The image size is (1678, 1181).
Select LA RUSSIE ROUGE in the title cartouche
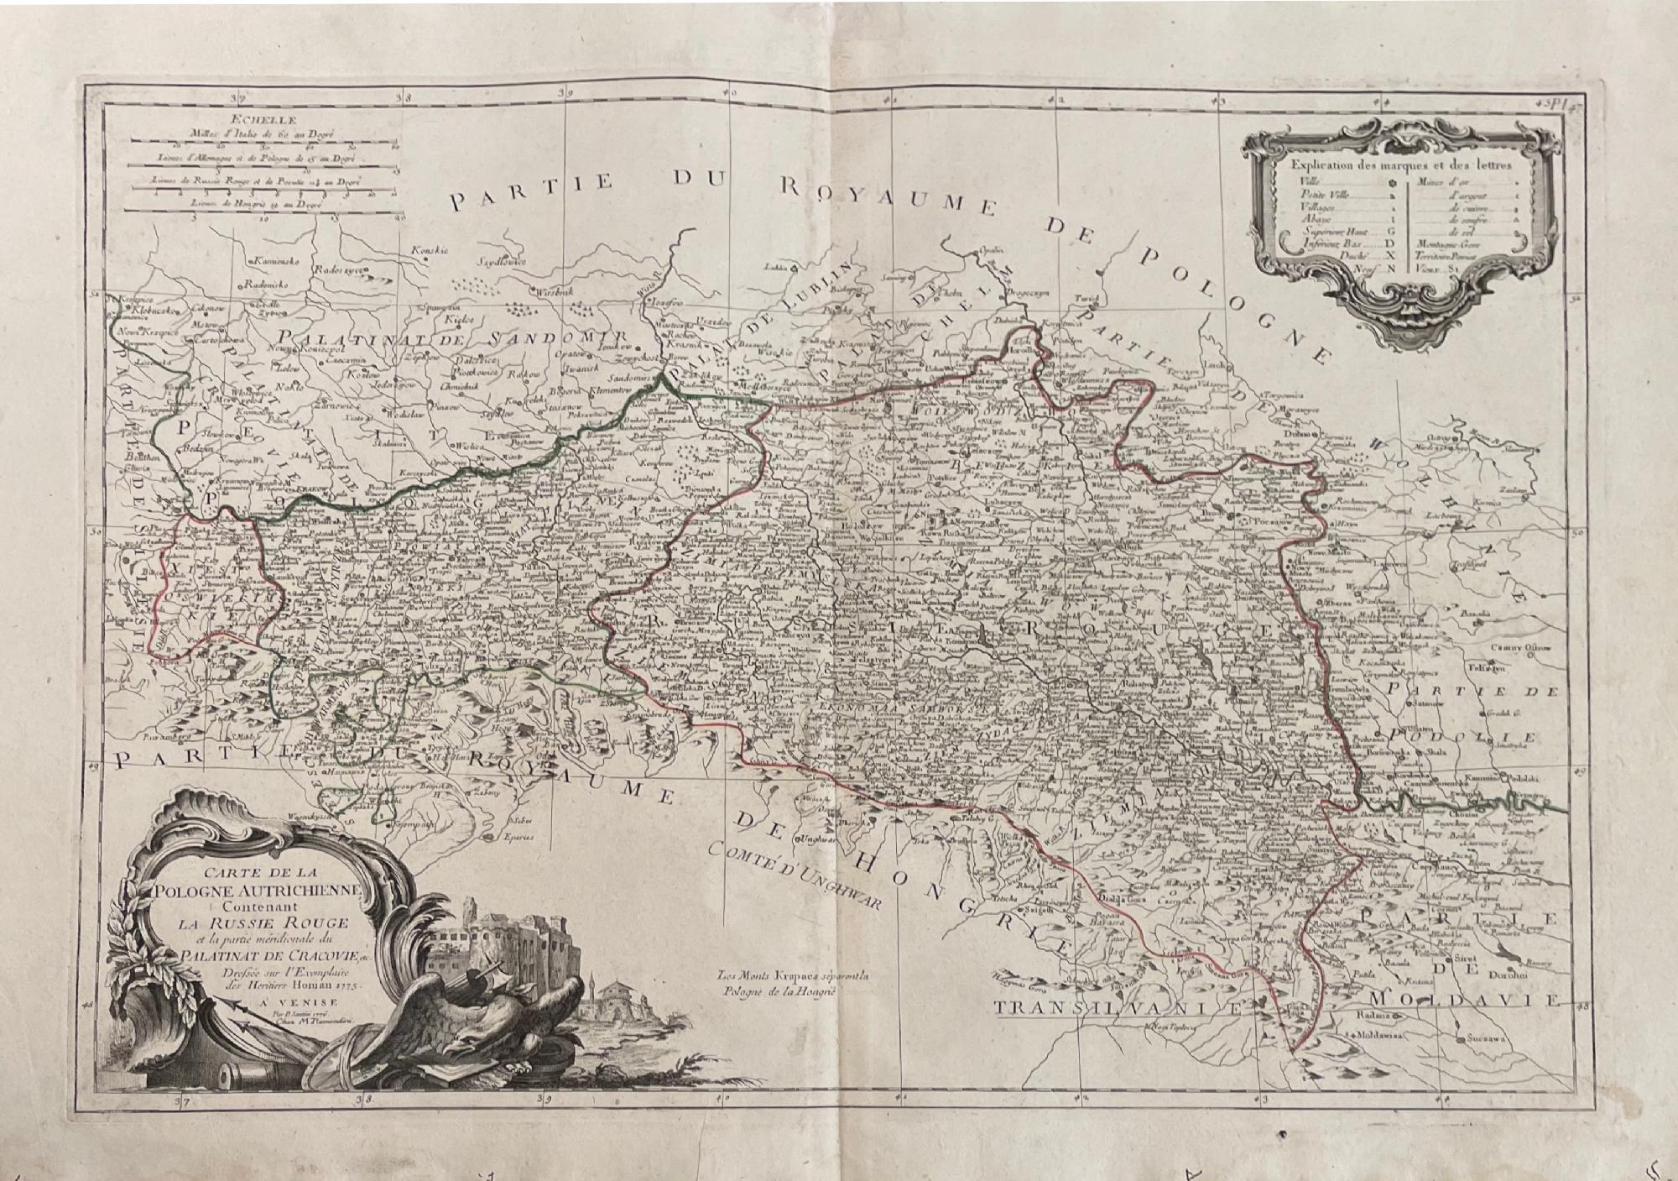(x=254, y=925)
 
